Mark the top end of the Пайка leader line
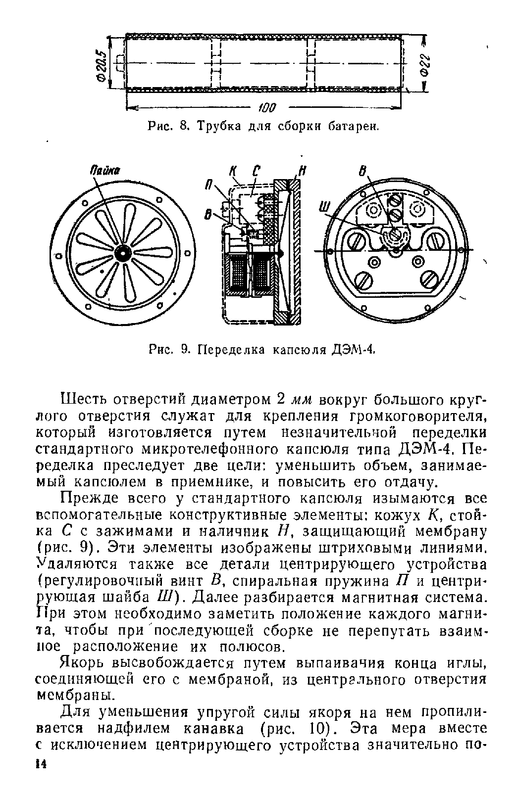[x=94, y=177]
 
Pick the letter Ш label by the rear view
[x=323, y=212]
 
